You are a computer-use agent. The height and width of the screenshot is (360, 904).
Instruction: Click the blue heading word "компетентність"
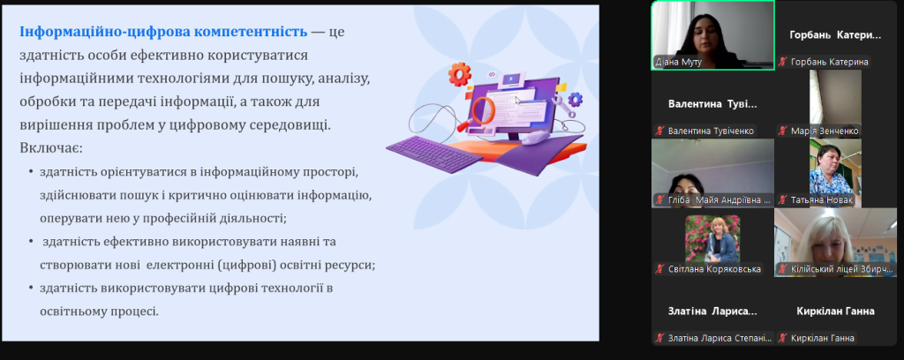click(250, 31)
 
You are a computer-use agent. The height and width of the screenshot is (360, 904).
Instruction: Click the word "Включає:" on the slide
click(51, 148)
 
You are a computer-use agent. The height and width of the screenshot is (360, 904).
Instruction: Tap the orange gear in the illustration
click(459, 74)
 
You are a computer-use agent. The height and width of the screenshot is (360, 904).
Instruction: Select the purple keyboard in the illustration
click(434, 151)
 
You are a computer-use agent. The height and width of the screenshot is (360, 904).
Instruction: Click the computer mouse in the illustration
click(536, 137)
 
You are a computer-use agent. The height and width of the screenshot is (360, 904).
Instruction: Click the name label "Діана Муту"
click(678, 63)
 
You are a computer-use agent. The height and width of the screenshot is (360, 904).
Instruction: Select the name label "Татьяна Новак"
click(822, 200)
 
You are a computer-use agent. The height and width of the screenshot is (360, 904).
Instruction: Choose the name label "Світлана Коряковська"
click(714, 269)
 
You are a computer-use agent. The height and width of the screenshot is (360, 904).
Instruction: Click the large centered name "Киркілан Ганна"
click(835, 311)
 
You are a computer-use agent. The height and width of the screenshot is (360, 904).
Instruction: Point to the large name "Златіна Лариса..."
click(712, 311)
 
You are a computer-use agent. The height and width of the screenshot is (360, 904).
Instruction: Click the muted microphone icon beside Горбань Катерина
click(782, 63)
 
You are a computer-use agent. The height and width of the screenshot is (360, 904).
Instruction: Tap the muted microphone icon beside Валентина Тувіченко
click(659, 131)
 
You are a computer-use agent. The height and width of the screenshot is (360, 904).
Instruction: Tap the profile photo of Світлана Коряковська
click(712, 238)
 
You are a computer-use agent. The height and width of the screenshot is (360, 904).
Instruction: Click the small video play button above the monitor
click(510, 79)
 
